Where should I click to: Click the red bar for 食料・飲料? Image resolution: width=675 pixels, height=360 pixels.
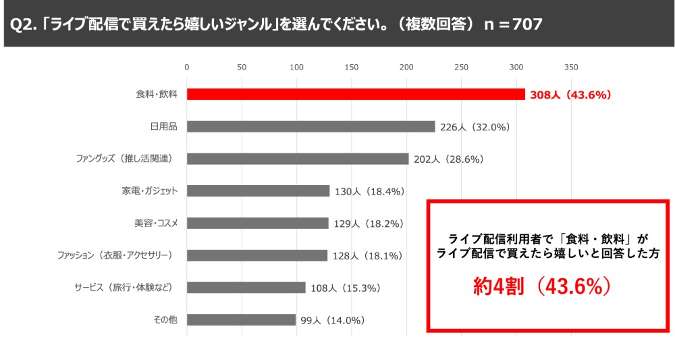pyautogui.click(x=356, y=95)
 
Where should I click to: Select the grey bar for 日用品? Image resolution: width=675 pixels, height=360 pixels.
pyautogui.click(x=310, y=126)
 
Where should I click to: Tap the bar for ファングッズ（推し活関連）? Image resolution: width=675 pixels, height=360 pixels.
pyautogui.click(x=298, y=159)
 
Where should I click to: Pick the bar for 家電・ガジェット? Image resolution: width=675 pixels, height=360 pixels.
pyautogui.click(x=258, y=191)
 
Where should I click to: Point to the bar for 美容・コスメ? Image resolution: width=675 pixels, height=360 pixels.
pyautogui.click(x=258, y=223)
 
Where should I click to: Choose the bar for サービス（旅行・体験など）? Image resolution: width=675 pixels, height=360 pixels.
pyautogui.click(x=246, y=288)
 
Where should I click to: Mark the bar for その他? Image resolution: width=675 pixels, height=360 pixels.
pyautogui.click(x=241, y=319)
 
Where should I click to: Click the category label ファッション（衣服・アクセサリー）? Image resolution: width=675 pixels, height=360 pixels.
pyautogui.click(x=118, y=255)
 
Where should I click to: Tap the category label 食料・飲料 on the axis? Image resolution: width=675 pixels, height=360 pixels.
pyautogui.click(x=157, y=95)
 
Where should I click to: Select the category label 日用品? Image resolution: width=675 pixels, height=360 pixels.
pyautogui.click(x=163, y=126)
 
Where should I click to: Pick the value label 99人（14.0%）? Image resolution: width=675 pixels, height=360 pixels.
pyautogui.click(x=333, y=320)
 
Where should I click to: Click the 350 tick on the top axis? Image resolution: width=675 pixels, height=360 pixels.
pyautogui.click(x=571, y=68)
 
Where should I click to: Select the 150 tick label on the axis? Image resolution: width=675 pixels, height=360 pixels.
pyautogui.click(x=351, y=68)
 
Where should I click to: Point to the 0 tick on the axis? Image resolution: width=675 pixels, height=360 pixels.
pyautogui.click(x=187, y=68)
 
